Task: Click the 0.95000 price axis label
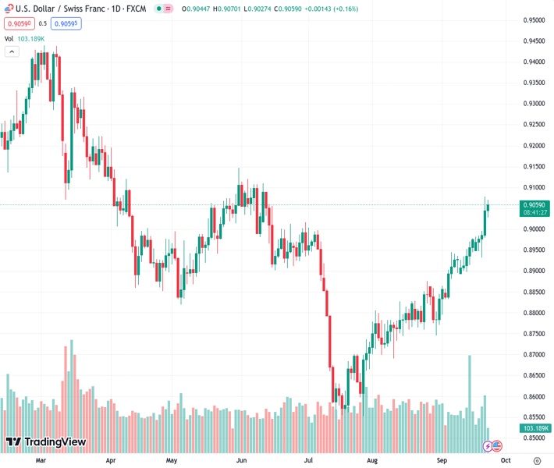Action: (534, 20)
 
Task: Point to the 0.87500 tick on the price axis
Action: (534, 334)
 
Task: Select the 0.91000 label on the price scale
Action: (534, 187)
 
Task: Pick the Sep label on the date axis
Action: (442, 460)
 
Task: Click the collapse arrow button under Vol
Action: (12, 51)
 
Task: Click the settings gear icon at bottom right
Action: (535, 460)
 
